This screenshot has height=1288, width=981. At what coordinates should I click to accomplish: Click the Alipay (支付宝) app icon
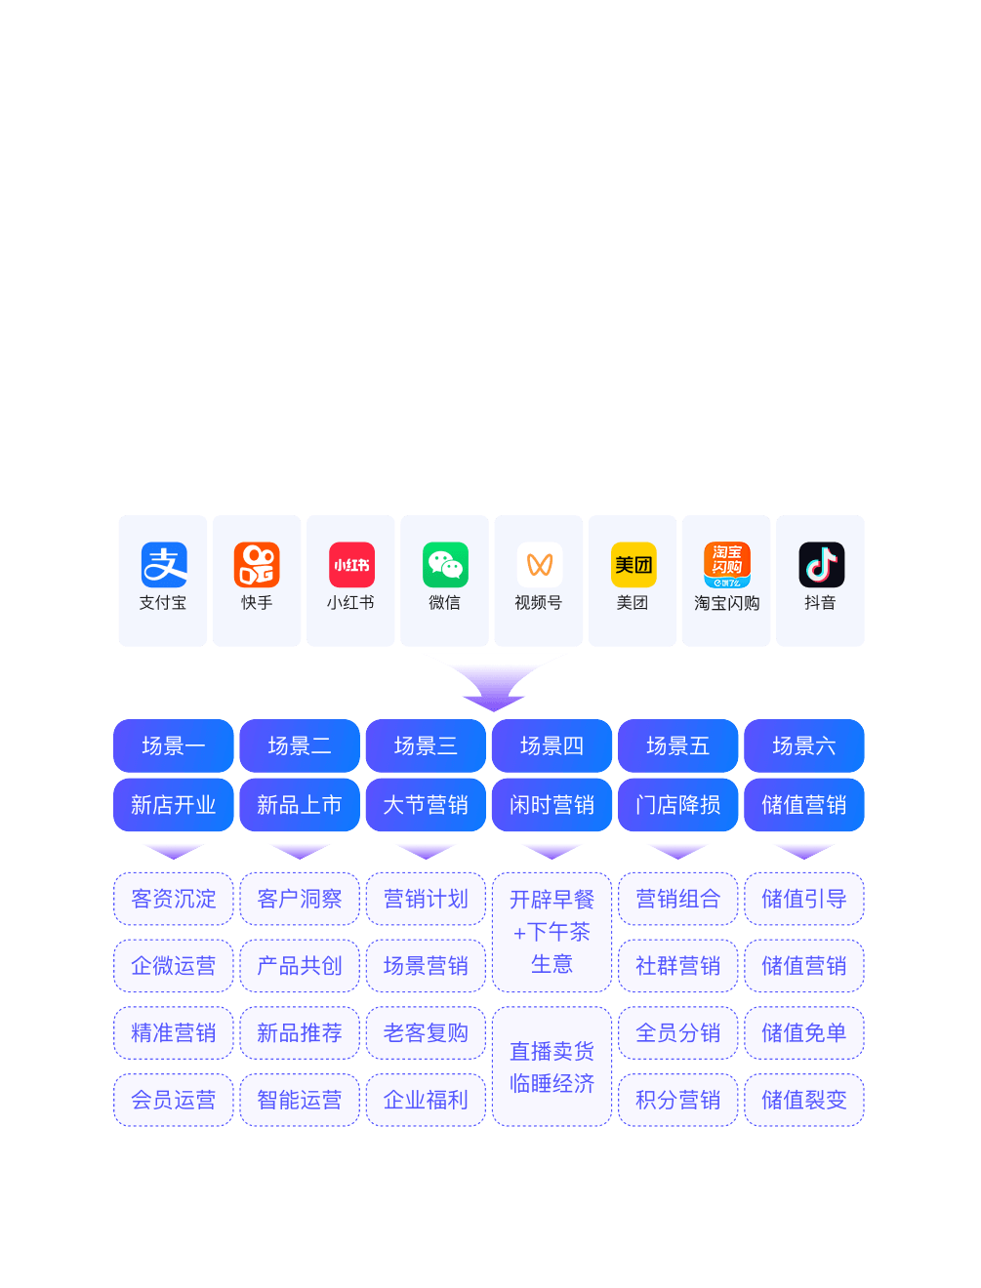pos(164,565)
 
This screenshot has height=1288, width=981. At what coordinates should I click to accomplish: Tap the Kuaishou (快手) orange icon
pos(257,565)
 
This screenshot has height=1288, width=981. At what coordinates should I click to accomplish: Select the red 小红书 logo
pos(351,565)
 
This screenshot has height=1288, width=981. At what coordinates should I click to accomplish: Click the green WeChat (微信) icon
pos(445,565)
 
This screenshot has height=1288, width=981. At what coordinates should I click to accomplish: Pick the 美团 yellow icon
pos(633,565)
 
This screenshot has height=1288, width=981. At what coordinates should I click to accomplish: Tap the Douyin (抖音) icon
pos(821,565)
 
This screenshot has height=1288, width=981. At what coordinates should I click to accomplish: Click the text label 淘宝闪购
pos(726,603)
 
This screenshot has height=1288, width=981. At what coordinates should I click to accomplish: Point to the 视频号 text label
pos(539,603)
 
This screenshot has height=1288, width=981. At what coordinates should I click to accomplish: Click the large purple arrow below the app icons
pos(495,680)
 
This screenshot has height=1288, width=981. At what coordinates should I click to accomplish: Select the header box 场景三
pos(426,745)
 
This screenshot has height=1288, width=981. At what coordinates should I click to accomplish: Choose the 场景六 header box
pos(804,745)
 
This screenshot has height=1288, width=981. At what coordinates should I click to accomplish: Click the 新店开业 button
pos(174,805)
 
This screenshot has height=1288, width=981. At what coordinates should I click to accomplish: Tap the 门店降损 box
pos(678,805)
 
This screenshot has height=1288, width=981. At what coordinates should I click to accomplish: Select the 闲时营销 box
pos(552,805)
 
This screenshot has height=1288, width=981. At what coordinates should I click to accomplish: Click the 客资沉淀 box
pos(174,899)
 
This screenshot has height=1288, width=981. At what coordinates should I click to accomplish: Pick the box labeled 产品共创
pos(300,966)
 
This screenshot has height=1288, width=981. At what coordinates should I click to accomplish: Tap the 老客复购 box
pos(426,1032)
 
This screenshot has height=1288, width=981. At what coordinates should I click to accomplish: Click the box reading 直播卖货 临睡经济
pos(552,1067)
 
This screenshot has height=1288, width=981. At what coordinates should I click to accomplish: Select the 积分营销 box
pos(678,1100)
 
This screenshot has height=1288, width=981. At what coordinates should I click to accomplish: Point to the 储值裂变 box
pos(804,1100)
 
